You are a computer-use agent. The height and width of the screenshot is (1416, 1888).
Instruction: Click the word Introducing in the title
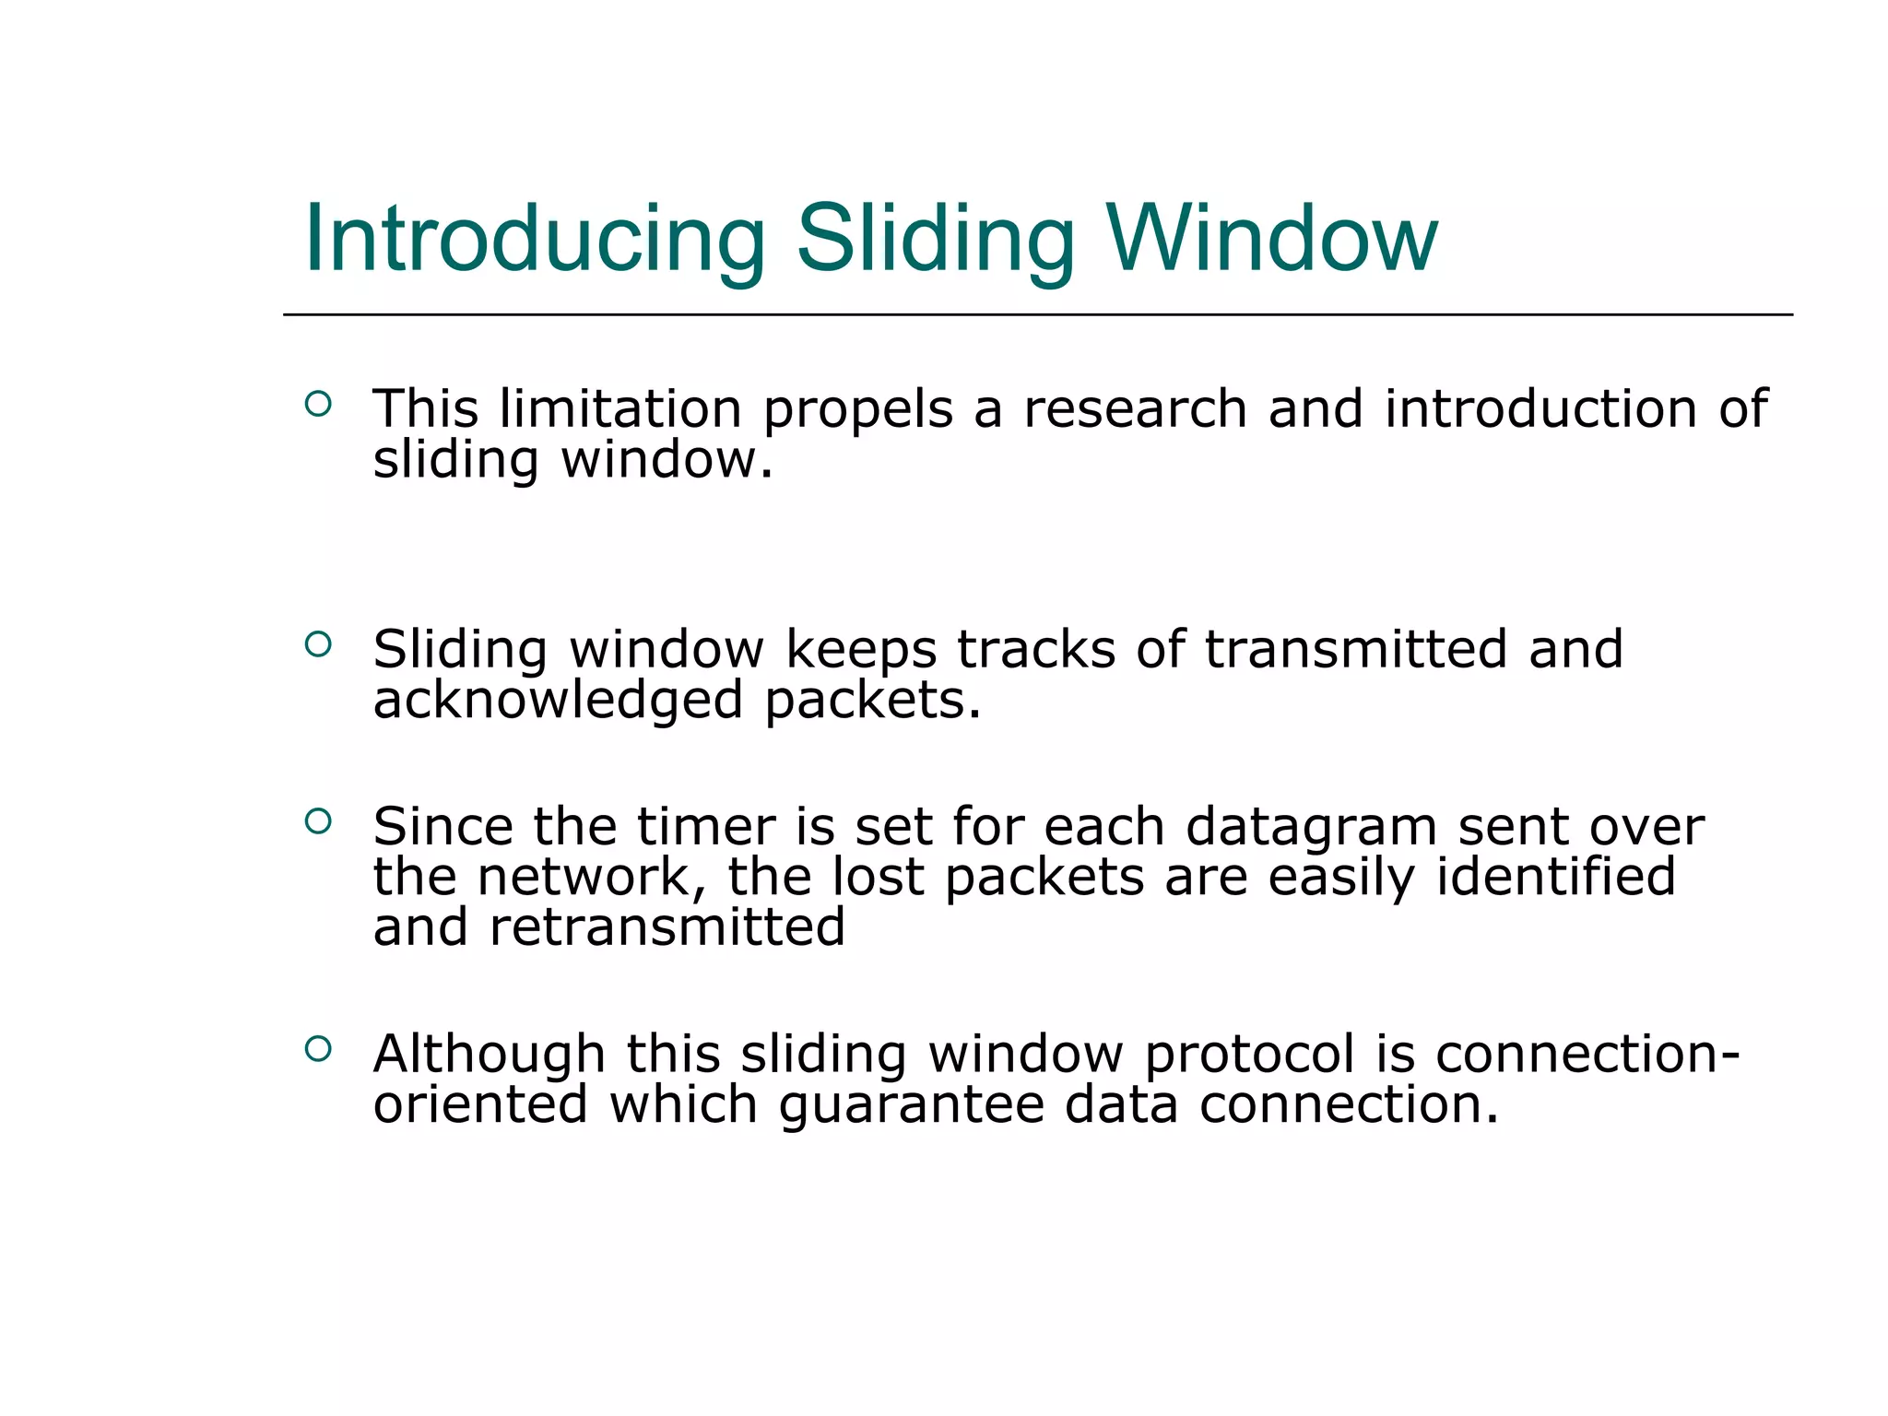point(535,240)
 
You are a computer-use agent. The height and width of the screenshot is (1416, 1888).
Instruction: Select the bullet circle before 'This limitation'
point(318,404)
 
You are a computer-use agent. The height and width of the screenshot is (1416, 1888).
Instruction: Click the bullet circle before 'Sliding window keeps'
point(318,644)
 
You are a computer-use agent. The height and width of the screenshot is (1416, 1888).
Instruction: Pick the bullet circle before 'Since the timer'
point(318,820)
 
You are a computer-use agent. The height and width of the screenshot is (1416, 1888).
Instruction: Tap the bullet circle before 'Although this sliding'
point(318,1048)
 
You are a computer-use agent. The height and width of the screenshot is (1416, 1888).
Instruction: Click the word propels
point(857,410)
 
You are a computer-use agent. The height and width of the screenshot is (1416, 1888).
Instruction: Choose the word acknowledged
point(558,701)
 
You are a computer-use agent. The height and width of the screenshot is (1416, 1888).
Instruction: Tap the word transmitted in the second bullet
point(1356,649)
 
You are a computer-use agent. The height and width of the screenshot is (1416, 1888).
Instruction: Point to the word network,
point(591,878)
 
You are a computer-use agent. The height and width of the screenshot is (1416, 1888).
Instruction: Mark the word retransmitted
point(667,927)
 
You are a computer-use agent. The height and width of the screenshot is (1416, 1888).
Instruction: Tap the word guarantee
point(911,1106)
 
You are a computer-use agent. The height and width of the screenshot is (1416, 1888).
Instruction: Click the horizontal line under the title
point(1037,314)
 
